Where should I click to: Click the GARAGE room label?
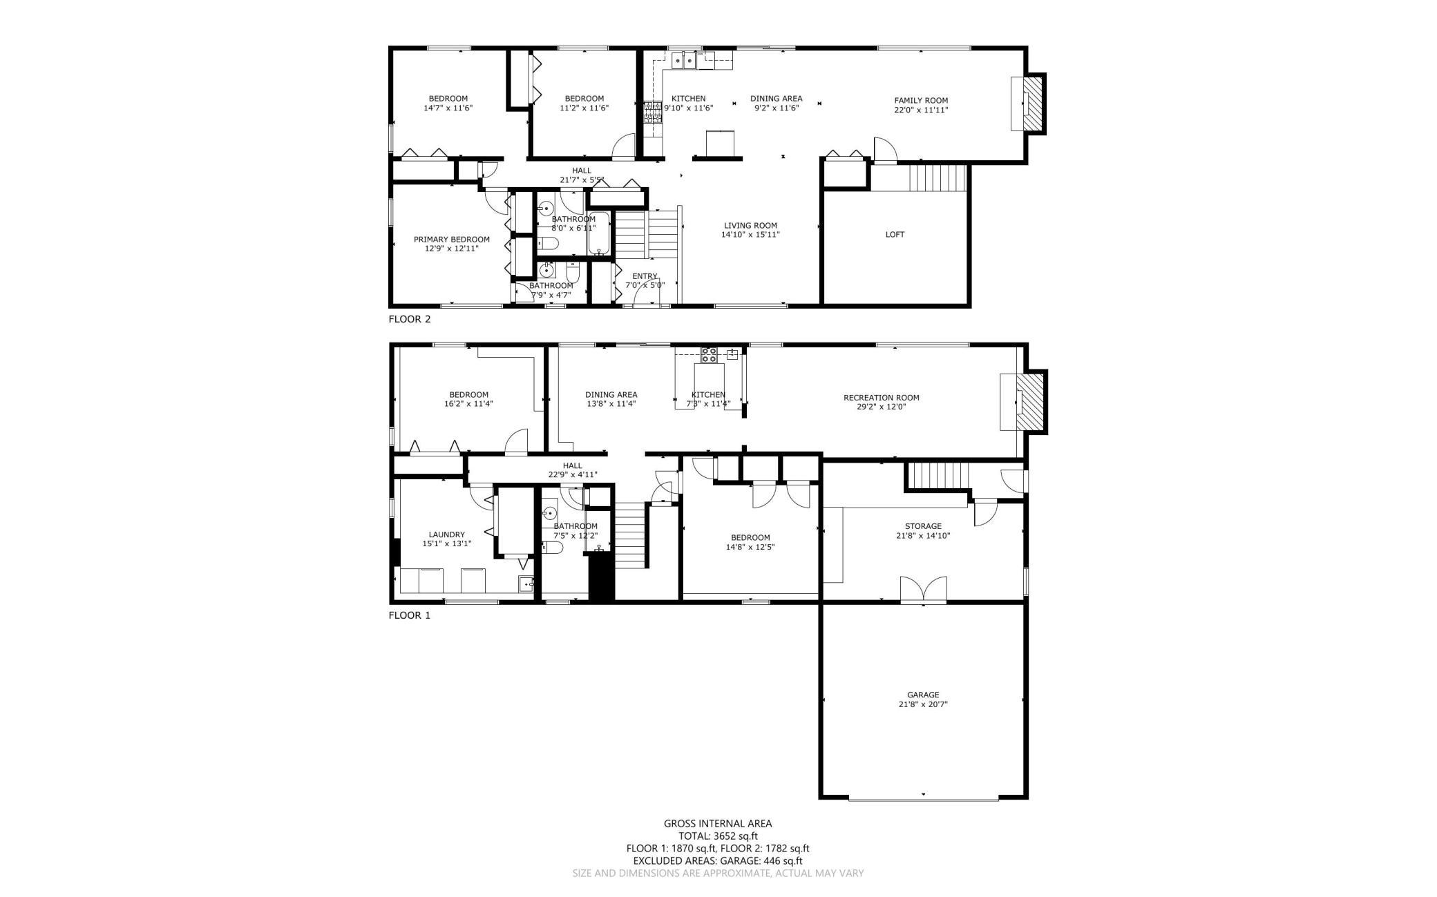coord(923,695)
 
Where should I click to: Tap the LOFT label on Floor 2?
coord(895,234)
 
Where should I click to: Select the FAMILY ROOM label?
coord(921,100)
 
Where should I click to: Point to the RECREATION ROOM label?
coord(881,397)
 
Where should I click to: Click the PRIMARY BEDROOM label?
coord(451,239)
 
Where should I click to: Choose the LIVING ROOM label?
coord(750,225)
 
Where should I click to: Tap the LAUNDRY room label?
coord(446,534)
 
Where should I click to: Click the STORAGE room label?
coord(923,525)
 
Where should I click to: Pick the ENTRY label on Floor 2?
coord(645,276)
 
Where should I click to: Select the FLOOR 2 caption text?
coord(410,319)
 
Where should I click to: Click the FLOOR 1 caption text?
coord(409,615)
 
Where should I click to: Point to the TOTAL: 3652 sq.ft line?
coord(718,836)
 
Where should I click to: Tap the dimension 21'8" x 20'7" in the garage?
coord(923,704)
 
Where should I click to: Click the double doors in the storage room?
coord(923,589)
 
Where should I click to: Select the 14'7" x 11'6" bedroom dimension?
coord(448,108)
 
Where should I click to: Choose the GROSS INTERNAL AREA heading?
coord(718,823)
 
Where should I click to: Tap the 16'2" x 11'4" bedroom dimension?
coord(468,404)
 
